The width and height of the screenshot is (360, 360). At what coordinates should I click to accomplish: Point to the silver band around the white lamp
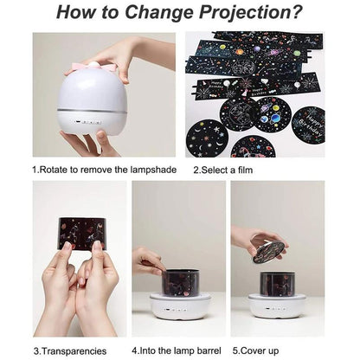91,110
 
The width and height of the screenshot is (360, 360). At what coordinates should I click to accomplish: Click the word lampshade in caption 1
149,170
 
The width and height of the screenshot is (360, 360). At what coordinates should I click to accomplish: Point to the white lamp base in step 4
181,306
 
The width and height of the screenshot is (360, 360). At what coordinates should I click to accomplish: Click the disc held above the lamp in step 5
269,251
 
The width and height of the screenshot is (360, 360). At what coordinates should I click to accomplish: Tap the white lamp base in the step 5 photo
277,306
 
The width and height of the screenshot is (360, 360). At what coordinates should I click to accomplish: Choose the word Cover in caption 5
255,351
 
